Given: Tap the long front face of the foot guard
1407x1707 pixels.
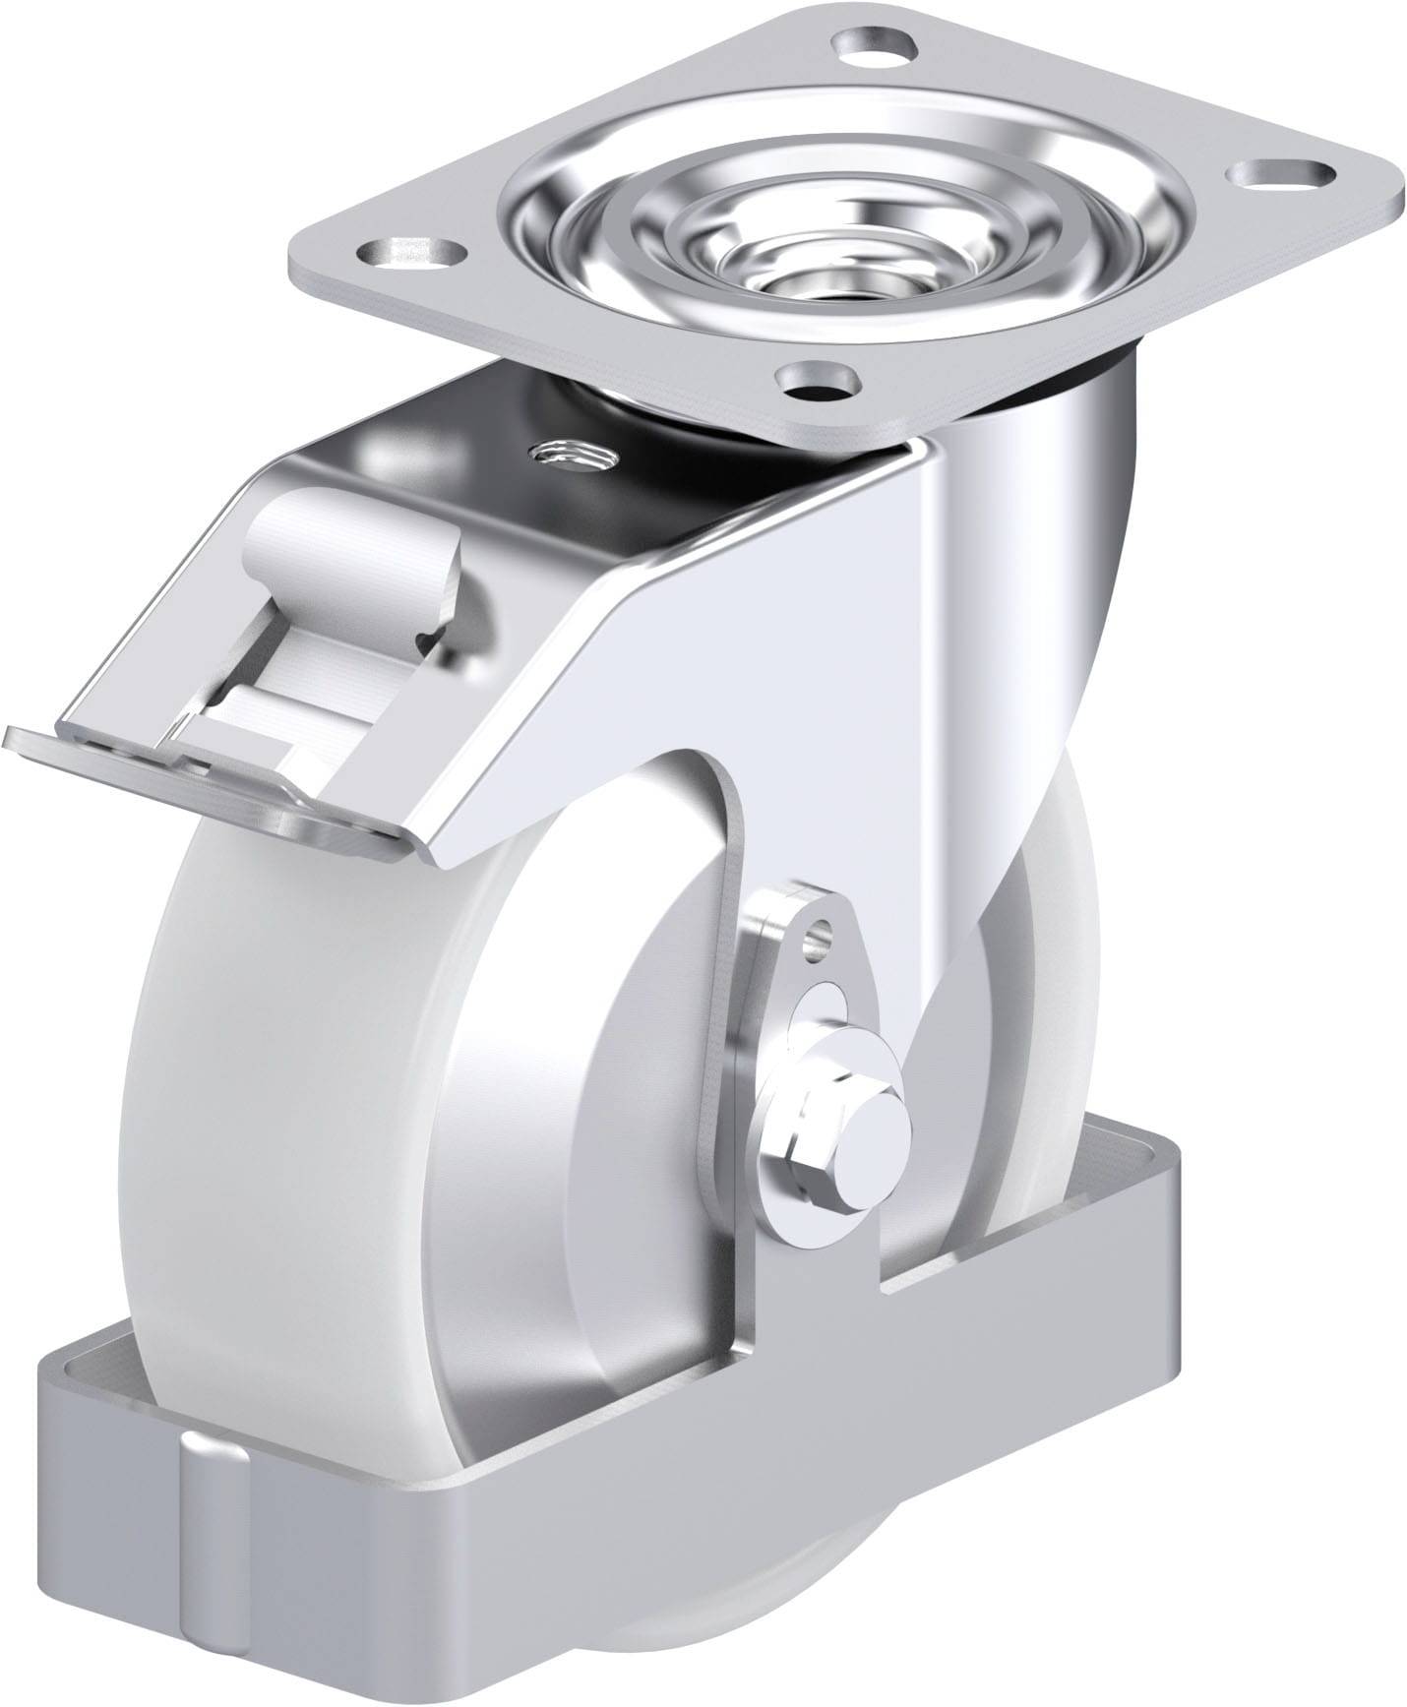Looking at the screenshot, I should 689,1446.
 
